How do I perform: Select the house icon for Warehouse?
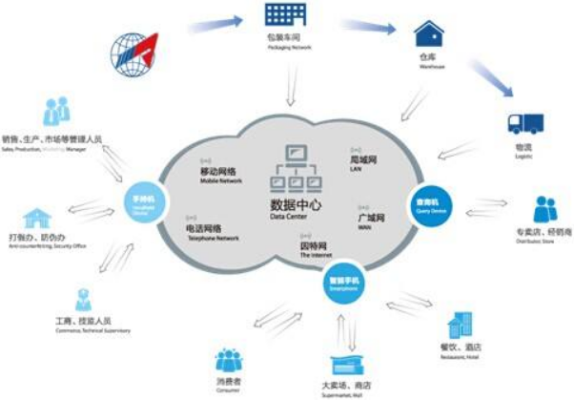tap(428, 35)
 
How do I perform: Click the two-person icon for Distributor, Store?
tap(544, 210)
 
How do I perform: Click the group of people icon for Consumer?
tap(228, 360)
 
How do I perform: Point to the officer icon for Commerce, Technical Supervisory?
tap(83, 301)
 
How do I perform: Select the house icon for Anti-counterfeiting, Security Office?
tap(37, 218)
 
